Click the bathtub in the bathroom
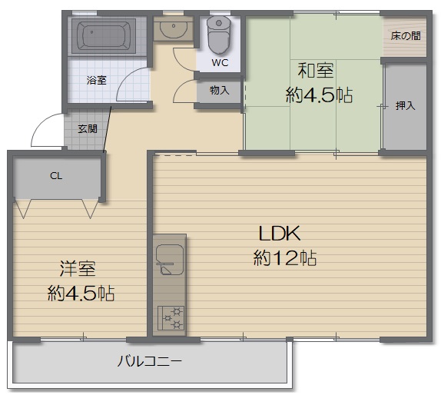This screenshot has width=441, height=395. pos(104,35)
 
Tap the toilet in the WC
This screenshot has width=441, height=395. pos(218,35)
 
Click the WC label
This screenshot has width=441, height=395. pos(220,62)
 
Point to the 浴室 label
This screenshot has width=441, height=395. pos(97,81)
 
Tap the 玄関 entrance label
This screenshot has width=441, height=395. pos(88,129)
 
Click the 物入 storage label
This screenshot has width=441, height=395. pos(220,91)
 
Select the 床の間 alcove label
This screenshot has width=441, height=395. pos(406,35)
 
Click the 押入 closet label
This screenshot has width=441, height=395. pos(406,106)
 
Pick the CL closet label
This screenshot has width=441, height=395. pos(56,176)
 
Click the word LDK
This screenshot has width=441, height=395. pos(280,233)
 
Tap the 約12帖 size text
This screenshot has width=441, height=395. pos(285,257)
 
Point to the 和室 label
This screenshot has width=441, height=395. pos(316,71)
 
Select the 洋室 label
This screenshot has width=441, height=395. pos(78,269)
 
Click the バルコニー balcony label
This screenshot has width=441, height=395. pos(149,361)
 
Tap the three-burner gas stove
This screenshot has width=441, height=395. pos(171,318)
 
